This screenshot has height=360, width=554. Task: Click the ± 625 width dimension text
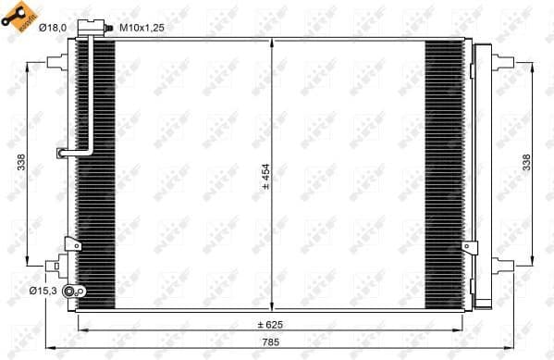point(271,324)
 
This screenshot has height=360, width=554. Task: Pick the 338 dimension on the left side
point(21,163)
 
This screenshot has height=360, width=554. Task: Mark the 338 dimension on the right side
point(527,163)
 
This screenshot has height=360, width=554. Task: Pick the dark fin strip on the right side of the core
point(443,176)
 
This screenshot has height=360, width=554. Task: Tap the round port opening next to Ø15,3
point(80,292)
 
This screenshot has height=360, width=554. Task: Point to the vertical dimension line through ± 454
point(271,111)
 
